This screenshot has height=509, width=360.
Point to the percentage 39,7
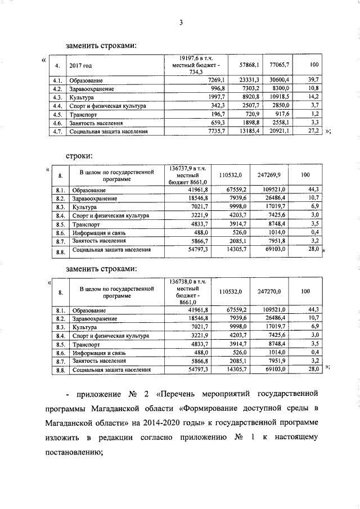coord(314,80)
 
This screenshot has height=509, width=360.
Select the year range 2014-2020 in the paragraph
coord(177,422)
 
